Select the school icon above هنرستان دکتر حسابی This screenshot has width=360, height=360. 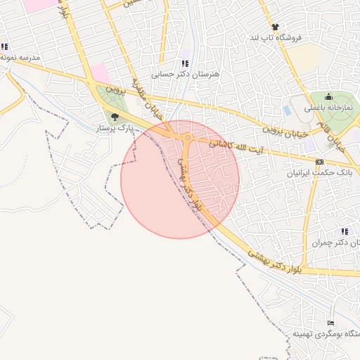tap(186, 63)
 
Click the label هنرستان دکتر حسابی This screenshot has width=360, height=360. tap(186, 73)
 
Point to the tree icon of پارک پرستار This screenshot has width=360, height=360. tap(115, 117)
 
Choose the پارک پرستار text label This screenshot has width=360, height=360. tap(115, 129)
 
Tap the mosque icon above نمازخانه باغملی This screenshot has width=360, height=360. tap(328, 98)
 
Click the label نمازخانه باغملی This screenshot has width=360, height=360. tap(328, 108)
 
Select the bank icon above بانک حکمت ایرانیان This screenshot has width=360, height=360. tap(320, 161)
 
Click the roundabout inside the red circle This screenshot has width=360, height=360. tap(187, 139)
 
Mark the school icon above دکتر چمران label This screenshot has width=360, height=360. tap(345, 231)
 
